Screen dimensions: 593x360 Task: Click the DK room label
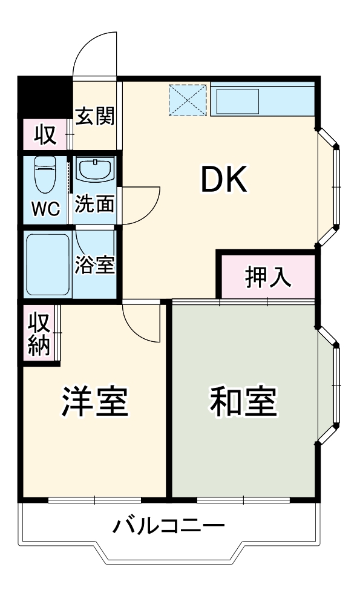(224, 180)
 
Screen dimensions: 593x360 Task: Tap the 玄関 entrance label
(95, 116)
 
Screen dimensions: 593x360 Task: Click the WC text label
(46, 209)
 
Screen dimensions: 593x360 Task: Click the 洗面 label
(95, 204)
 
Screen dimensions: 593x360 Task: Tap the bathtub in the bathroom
(48, 263)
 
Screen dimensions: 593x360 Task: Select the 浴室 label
(95, 264)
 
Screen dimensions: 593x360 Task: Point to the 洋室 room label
(95, 402)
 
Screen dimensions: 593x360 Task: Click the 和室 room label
(243, 402)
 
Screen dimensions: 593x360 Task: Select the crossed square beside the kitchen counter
(188, 99)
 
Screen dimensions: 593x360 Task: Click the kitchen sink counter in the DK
(263, 99)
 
